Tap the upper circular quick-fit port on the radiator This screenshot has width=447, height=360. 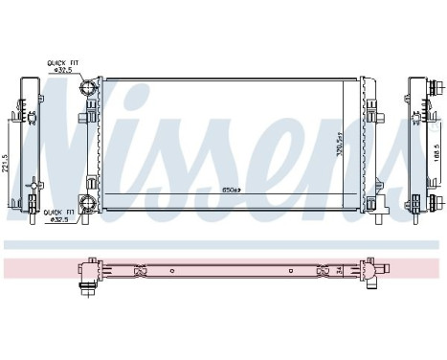click(x=87, y=89)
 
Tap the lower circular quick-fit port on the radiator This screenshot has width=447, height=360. click(x=87, y=202)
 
